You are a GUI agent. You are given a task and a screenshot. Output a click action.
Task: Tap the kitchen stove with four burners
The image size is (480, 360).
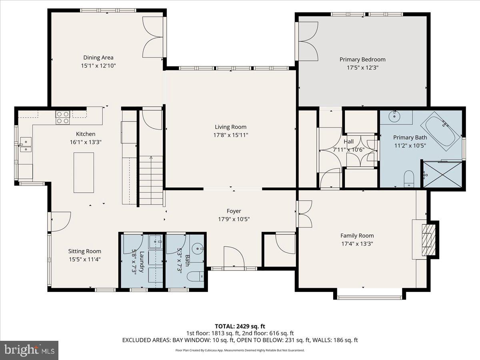pyautogui.click(x=62, y=116)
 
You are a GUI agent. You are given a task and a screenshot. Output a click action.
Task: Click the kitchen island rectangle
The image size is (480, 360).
pyautogui.click(x=84, y=172)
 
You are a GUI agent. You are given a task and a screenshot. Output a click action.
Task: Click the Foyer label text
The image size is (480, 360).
pyautogui.click(x=234, y=211)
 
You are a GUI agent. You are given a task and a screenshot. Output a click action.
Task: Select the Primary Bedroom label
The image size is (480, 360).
pyautogui.click(x=362, y=60)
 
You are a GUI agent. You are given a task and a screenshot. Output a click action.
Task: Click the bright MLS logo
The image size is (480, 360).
pyautogui.click(x=29, y=350)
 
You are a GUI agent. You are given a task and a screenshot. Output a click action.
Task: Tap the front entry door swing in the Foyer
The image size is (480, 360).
pyautogui.click(x=232, y=257)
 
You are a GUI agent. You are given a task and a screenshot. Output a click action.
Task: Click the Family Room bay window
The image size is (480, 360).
pyautogui.click(x=369, y=297)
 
